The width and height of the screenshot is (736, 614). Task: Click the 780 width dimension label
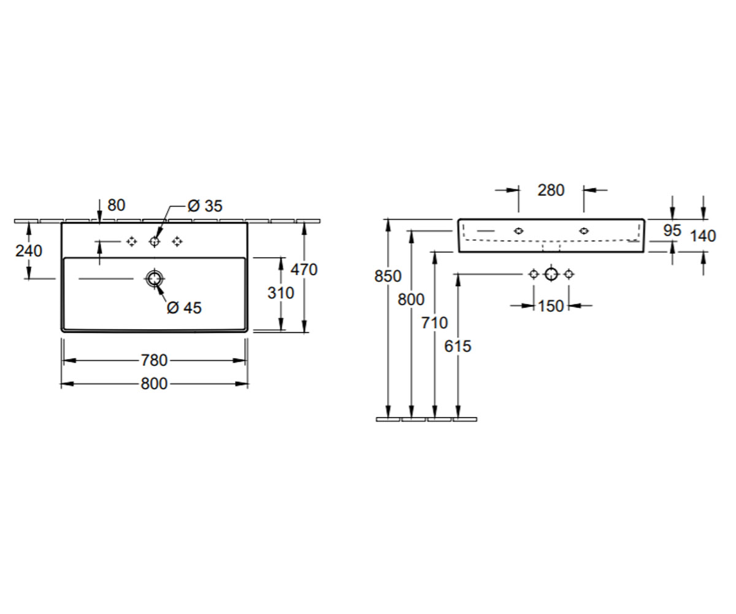click(x=154, y=360)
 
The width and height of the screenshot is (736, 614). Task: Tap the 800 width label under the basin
click(x=154, y=384)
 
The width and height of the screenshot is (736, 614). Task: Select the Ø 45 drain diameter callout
click(x=184, y=308)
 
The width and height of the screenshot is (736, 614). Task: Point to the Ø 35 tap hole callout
click(x=205, y=206)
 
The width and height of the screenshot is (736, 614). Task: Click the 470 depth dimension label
click(x=304, y=270)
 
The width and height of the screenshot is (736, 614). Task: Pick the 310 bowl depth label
click(x=280, y=293)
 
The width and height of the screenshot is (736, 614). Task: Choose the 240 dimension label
click(x=29, y=251)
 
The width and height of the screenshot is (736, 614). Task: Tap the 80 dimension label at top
click(x=117, y=205)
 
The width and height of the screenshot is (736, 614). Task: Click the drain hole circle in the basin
click(x=155, y=279)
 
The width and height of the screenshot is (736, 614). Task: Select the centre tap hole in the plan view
click(x=155, y=242)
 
